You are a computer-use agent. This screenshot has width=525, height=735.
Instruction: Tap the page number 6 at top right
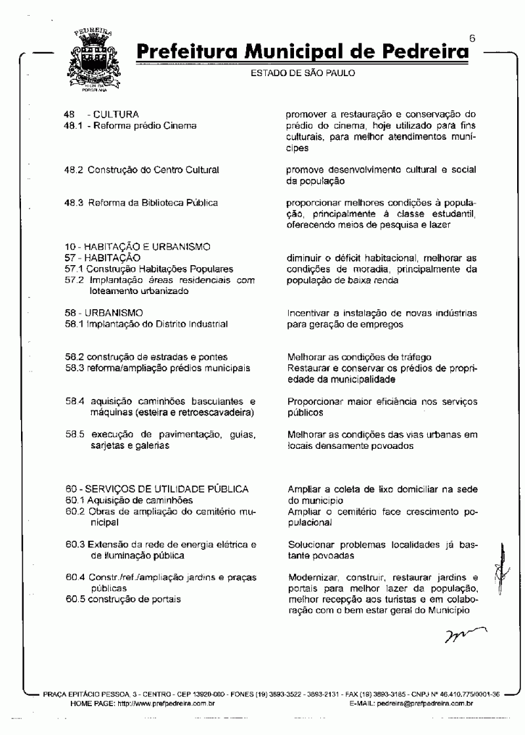coord(472,39)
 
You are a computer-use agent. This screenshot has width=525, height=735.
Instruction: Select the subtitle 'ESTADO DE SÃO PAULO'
coord(303,73)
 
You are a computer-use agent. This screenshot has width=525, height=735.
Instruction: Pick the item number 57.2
coord(73,280)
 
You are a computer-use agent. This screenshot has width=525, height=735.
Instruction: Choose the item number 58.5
coord(73,434)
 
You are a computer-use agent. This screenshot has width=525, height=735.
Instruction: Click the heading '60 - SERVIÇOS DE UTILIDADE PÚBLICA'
coord(157,489)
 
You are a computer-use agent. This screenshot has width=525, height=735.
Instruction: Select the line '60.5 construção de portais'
coord(123,599)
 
